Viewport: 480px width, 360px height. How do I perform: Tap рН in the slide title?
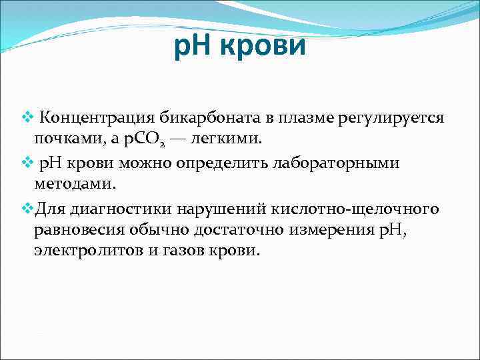tap(193, 47)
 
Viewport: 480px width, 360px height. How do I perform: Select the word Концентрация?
tap(97, 118)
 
